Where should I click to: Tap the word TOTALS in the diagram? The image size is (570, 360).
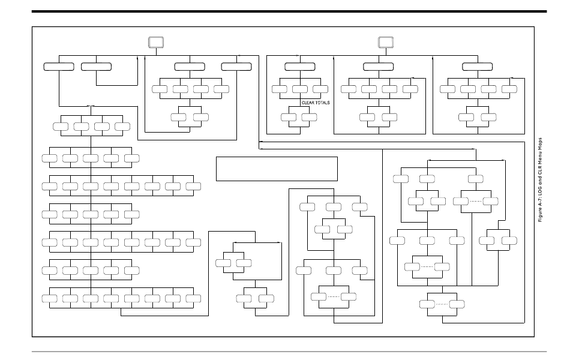coord(322,103)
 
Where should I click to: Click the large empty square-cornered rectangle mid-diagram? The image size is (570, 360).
coord(277,168)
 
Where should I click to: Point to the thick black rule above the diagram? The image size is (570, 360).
coord(289,11)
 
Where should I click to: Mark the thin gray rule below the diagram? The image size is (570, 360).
coord(289,352)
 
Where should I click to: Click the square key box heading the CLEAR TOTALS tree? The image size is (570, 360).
coord(385,43)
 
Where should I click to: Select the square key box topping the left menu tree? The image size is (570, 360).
coord(157,43)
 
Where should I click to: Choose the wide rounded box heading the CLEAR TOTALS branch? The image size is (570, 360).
coord(300,66)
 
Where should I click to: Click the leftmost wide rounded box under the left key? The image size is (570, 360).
coord(59,66)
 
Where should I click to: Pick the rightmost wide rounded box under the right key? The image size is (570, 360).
coord(478,66)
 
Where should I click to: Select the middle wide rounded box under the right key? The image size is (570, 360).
coord(379,66)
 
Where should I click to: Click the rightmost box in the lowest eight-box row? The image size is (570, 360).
coord(193,298)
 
